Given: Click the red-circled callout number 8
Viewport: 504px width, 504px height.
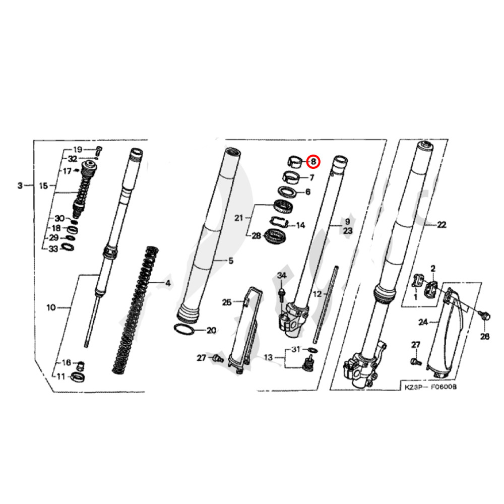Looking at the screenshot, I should (x=313, y=162).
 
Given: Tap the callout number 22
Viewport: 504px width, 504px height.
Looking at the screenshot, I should (x=442, y=225).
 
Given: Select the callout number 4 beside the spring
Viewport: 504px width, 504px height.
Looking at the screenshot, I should (x=168, y=283).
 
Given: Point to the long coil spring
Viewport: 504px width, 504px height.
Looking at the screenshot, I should (x=135, y=310).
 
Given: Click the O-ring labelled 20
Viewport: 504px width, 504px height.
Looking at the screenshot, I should (x=185, y=330).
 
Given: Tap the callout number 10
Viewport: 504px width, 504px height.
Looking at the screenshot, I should (x=51, y=307).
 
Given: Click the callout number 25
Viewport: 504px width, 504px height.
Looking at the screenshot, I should (x=227, y=302).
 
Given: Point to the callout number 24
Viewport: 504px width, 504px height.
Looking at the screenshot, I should (x=422, y=321).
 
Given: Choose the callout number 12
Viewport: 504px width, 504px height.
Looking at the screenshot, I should (x=317, y=293).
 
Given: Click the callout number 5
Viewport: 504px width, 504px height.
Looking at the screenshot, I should (x=230, y=261).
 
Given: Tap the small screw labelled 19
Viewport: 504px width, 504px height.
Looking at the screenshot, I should (x=99, y=149).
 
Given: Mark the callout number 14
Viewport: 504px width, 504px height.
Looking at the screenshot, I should (x=300, y=225).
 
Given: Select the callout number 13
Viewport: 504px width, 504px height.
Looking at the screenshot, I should (x=268, y=357).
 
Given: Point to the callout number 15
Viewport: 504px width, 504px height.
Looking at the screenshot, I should (x=43, y=185).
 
